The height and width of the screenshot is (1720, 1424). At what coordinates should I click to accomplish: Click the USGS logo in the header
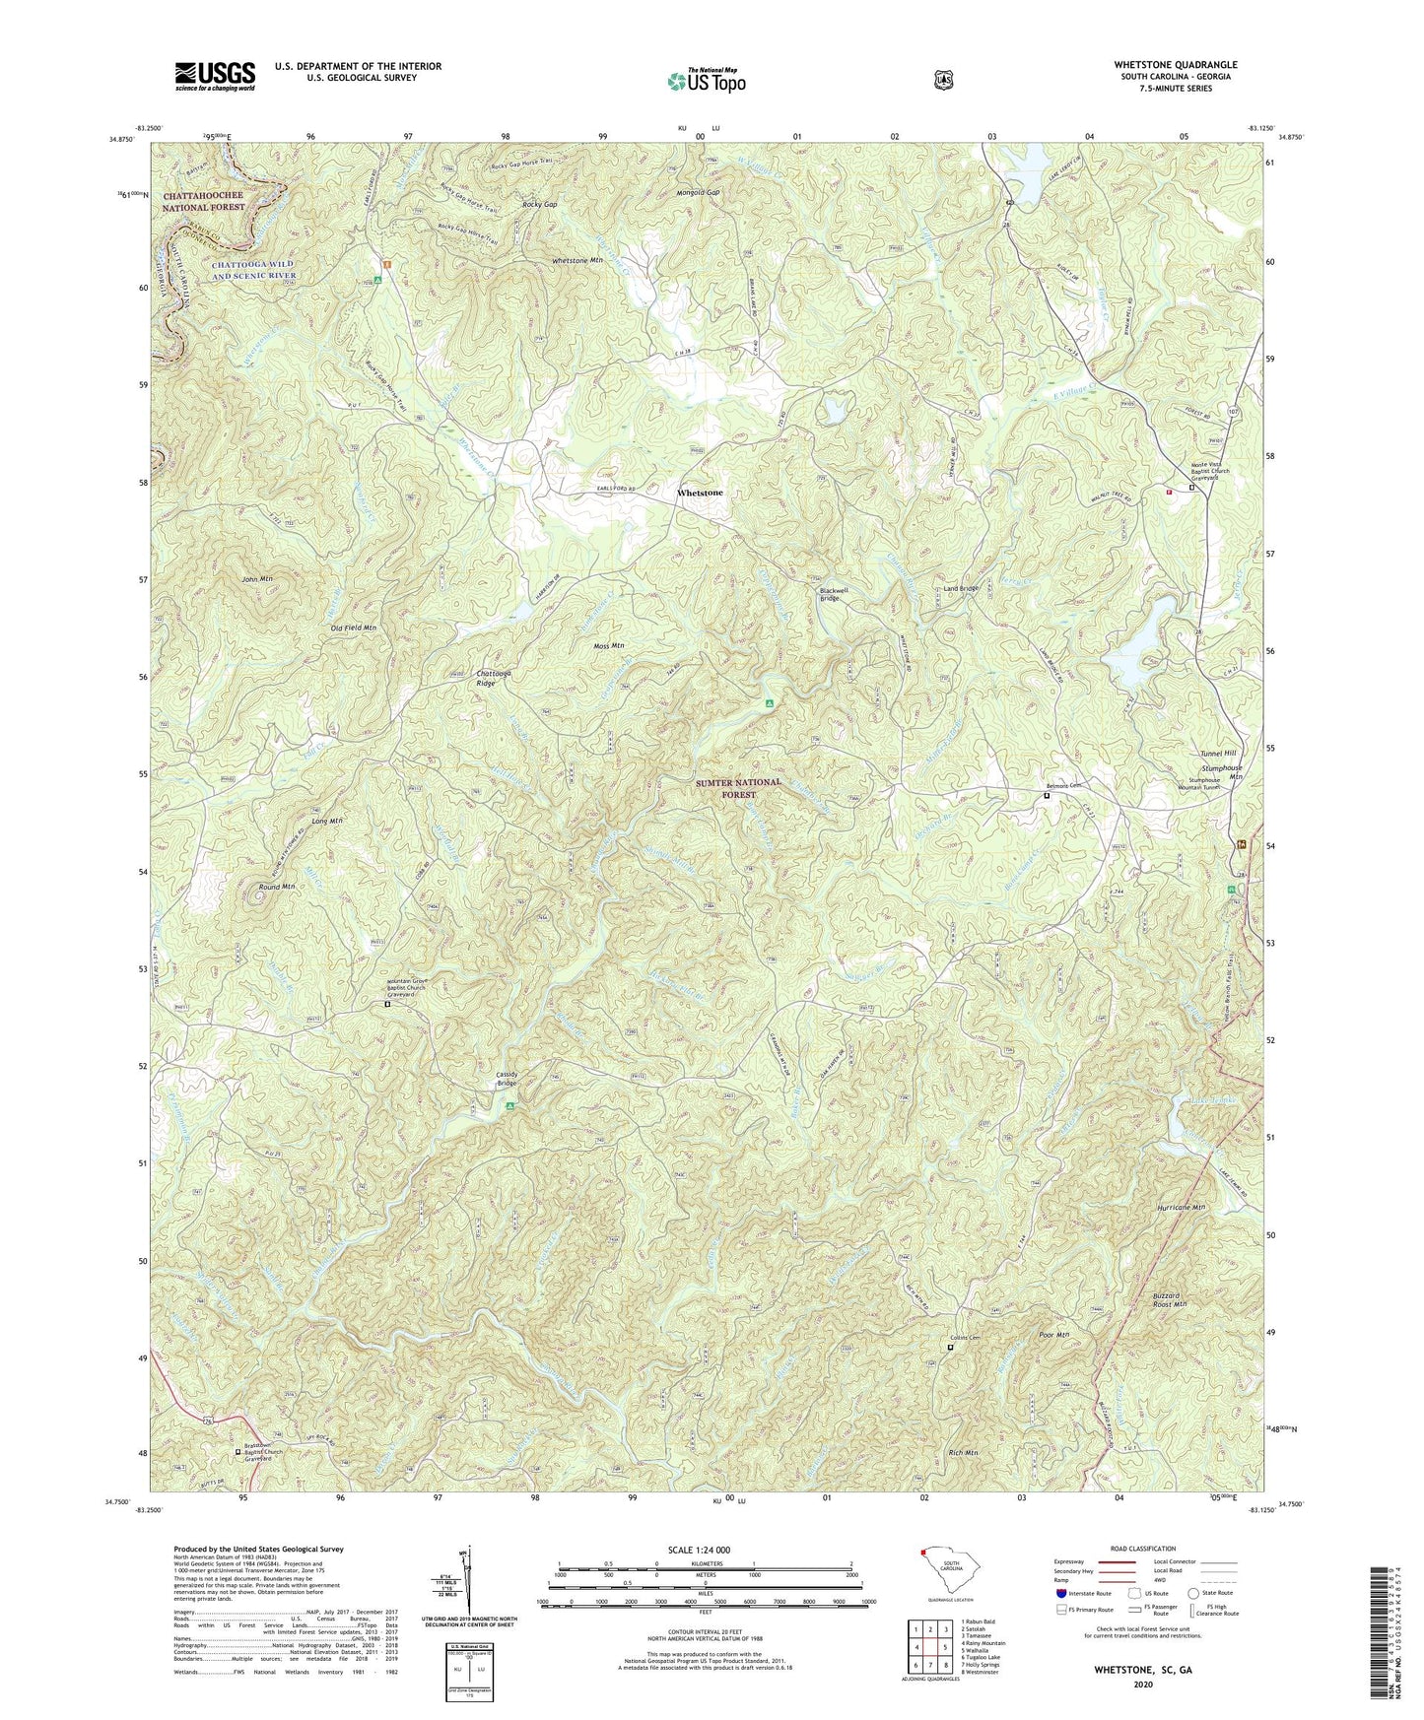click(x=215, y=76)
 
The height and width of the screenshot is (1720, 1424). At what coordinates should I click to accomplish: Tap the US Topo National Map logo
click(x=704, y=81)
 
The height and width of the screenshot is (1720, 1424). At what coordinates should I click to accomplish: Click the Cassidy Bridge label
click(x=506, y=1079)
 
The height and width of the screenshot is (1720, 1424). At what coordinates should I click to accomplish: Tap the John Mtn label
click(x=257, y=579)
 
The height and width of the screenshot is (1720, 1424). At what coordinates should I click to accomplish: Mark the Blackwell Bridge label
click(x=833, y=594)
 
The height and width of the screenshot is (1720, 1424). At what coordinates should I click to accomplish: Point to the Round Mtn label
click(x=276, y=887)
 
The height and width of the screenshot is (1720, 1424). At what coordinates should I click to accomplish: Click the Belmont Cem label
click(x=1062, y=785)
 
